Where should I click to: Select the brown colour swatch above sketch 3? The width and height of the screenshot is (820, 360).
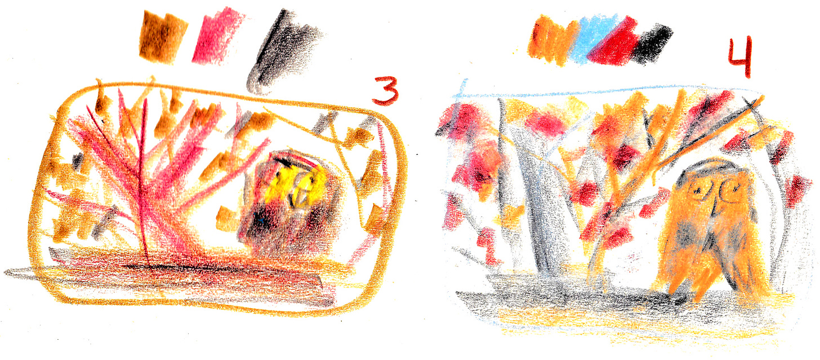tap(163, 36)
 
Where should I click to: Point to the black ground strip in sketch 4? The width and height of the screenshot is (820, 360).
tap(563, 299)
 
